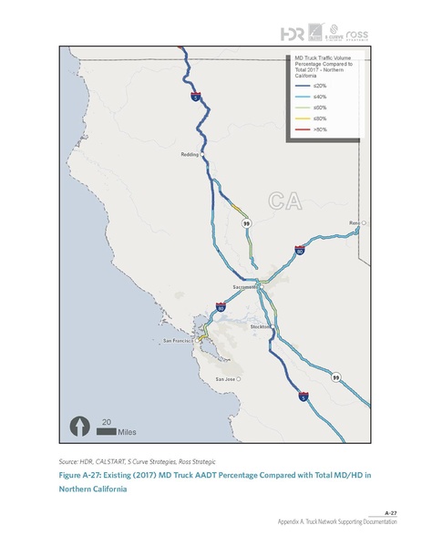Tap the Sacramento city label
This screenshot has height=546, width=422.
click(x=245, y=288)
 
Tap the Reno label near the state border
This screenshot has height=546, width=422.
click(x=355, y=222)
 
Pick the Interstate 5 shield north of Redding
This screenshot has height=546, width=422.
click(x=195, y=94)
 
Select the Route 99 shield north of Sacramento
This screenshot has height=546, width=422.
click(x=246, y=221)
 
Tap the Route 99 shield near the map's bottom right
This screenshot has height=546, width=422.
click(x=335, y=377)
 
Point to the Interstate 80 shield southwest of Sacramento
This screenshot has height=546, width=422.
click(x=221, y=309)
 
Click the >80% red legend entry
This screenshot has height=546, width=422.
click(x=308, y=130)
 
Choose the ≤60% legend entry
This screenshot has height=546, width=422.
click(x=308, y=108)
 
